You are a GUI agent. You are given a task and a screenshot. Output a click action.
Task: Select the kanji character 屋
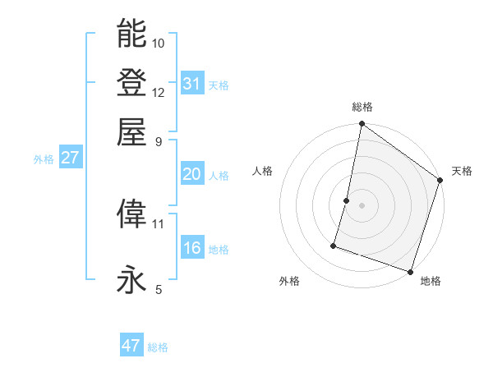click(132, 131)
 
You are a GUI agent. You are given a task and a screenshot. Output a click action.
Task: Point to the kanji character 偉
click(132, 214)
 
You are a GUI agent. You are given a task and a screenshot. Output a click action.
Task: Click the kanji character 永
click(132, 280)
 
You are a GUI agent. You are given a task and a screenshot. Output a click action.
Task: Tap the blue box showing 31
click(192, 83)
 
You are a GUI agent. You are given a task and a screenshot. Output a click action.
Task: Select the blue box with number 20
click(192, 174)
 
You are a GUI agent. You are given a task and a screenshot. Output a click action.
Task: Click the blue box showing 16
click(192, 248)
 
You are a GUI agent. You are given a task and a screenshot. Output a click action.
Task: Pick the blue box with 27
click(70, 158)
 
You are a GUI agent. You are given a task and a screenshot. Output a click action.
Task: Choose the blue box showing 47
click(131, 346)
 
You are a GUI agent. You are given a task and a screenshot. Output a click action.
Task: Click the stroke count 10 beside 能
click(159, 43)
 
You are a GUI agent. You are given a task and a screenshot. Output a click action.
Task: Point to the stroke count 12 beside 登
click(159, 92)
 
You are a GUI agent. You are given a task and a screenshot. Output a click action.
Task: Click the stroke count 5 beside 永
click(159, 289)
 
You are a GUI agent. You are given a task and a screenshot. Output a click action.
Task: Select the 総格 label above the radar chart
click(362, 107)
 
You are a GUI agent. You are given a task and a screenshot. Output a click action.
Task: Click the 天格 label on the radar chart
click(462, 171)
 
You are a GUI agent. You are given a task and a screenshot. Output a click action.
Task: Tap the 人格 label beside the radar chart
click(263, 171)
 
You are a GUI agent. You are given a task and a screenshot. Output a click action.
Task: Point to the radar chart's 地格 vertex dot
click(410, 271)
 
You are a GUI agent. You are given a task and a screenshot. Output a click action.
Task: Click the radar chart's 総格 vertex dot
click(362, 125)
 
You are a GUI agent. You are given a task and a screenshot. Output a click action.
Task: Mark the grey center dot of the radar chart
click(362, 204)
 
